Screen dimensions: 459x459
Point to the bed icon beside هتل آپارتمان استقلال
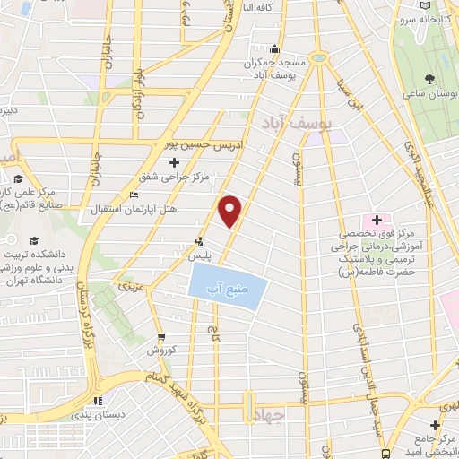coord(134,195)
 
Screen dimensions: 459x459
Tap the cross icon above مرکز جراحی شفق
coord(173,162)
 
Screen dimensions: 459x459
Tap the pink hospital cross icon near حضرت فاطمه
coord(376,220)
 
